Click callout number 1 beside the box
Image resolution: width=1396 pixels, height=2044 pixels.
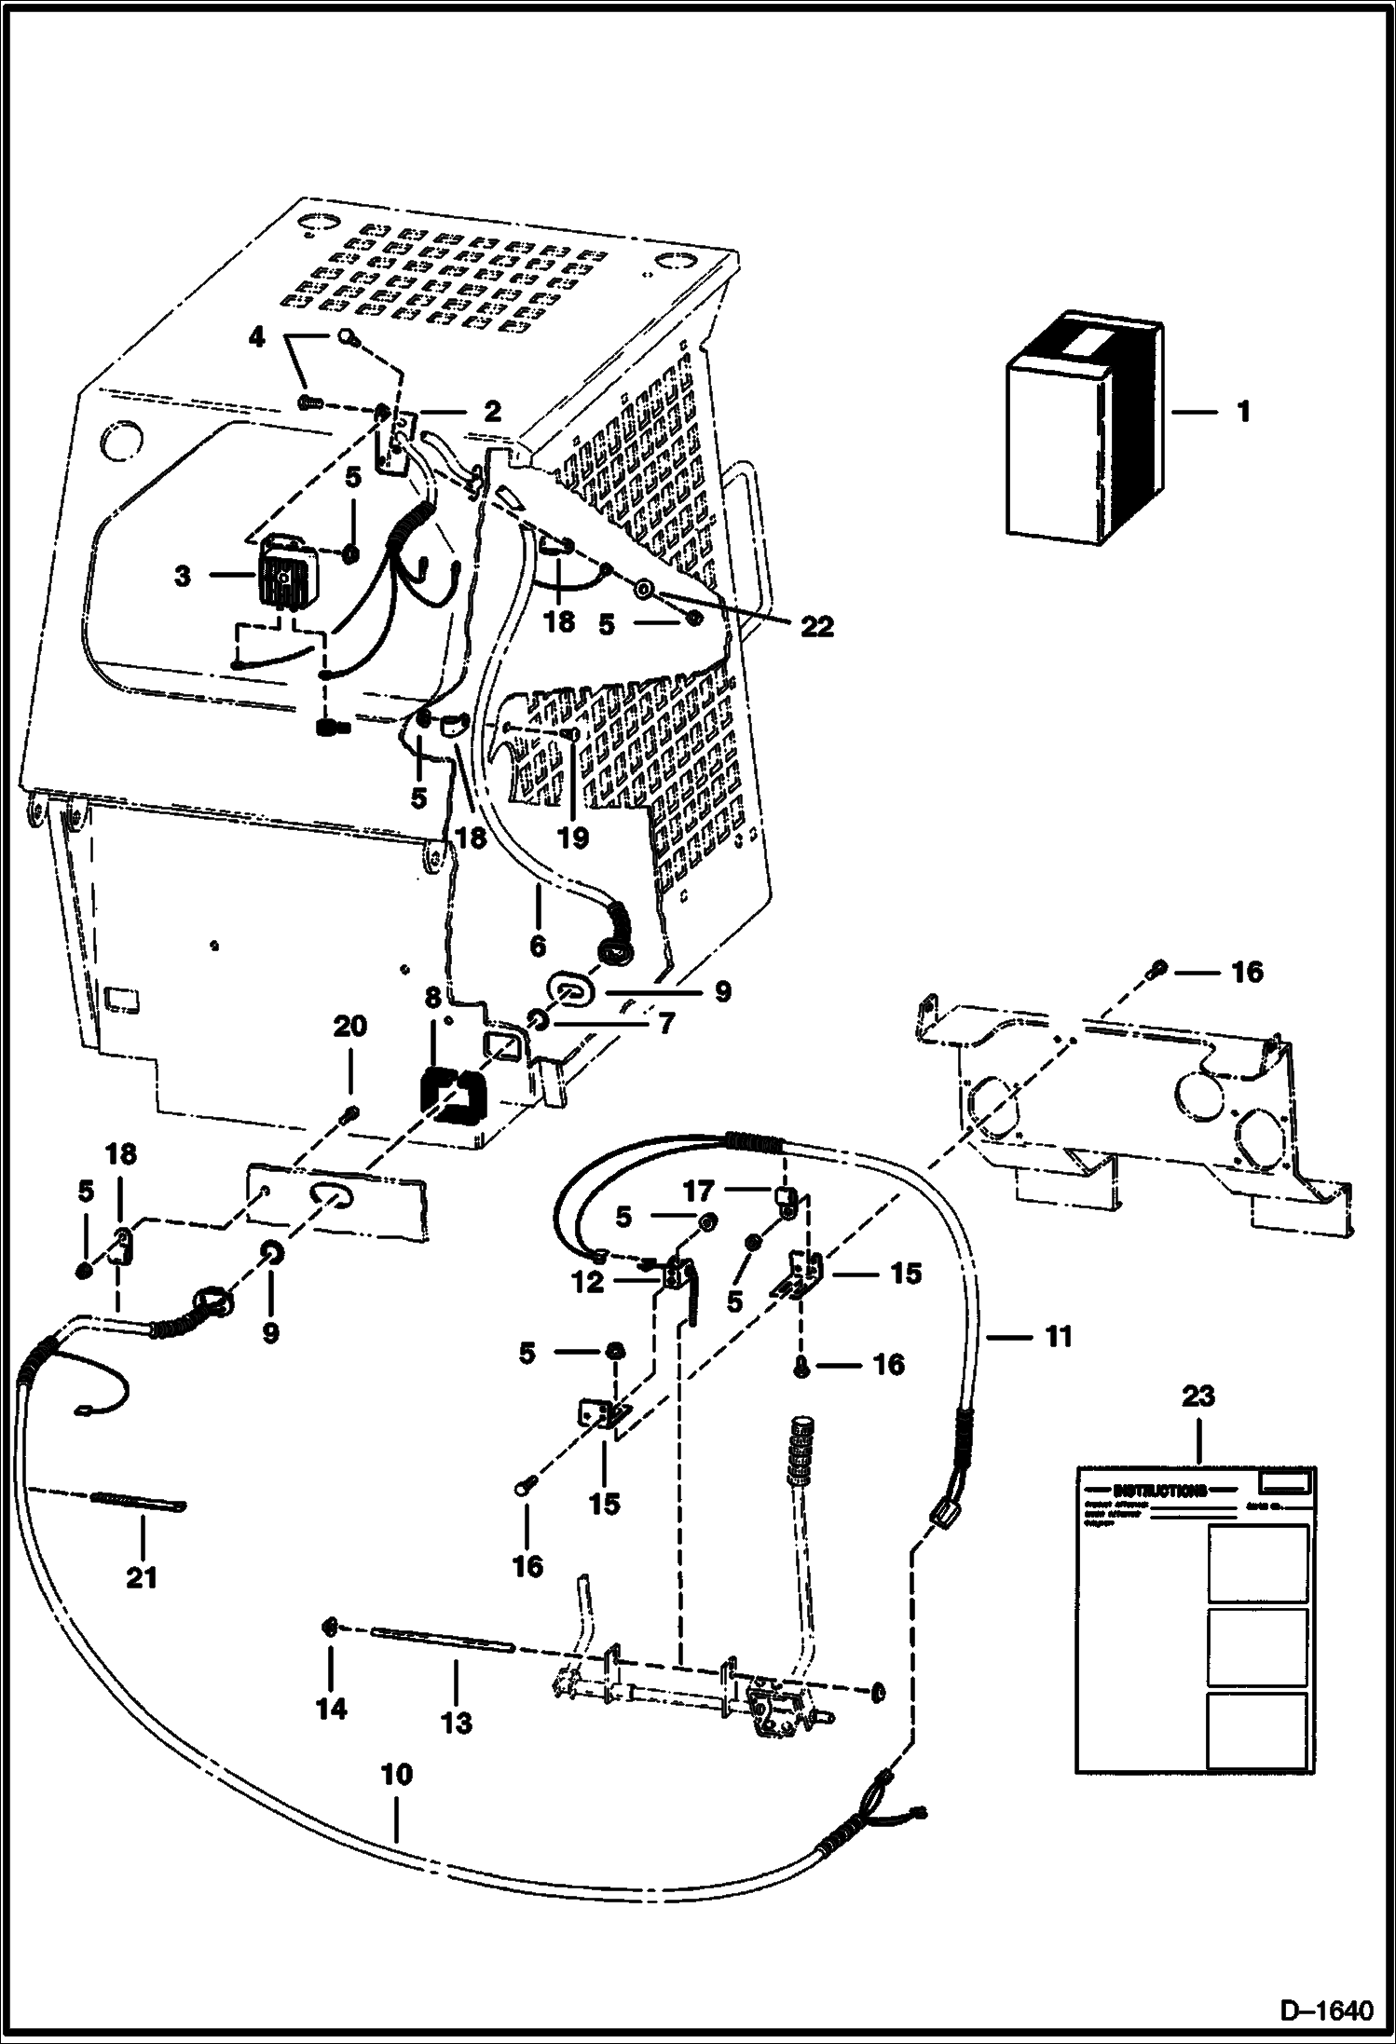tap(1243, 412)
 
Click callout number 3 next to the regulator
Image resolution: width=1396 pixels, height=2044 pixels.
tap(183, 577)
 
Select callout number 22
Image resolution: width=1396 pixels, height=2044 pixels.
tap(816, 628)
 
